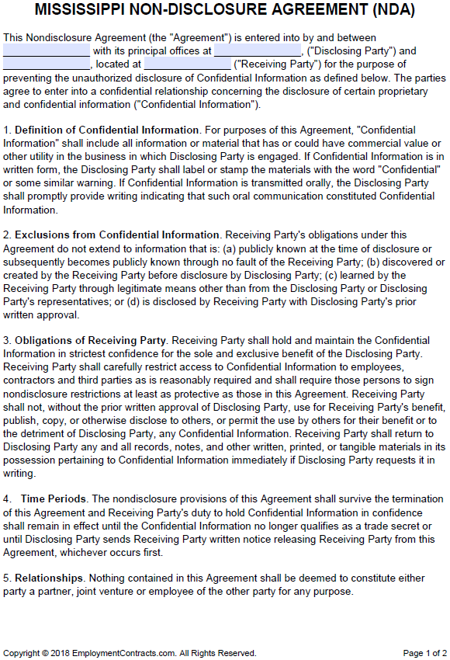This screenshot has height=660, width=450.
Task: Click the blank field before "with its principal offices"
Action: point(46,50)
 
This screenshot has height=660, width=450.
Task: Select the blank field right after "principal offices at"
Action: point(257,50)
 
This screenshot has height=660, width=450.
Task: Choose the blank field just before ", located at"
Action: point(46,64)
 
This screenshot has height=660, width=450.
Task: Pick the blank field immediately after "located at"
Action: point(187,64)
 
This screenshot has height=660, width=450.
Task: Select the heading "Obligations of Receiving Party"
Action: point(90,340)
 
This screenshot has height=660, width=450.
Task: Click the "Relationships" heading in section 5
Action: point(48,578)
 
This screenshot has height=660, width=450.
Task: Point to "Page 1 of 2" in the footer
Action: point(424,653)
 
